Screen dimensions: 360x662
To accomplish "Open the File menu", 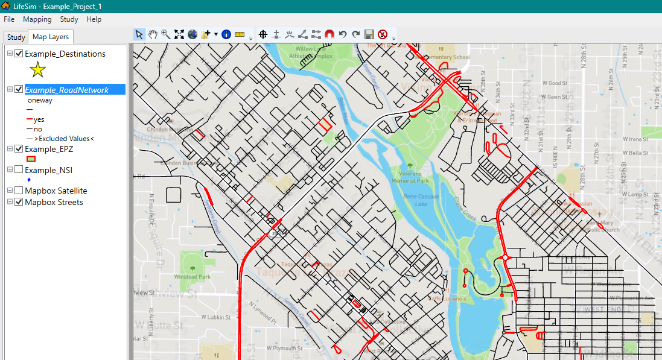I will pyautogui.click(x=9, y=19).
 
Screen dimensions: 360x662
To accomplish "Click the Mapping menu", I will pyautogui.click(x=37, y=19).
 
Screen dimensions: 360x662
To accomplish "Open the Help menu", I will pyautogui.click(x=94, y=19).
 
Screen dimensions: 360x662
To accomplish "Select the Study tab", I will pyautogui.click(x=16, y=37).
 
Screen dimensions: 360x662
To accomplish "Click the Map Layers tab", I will pyautogui.click(x=51, y=37).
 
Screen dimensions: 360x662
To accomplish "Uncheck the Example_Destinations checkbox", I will pyautogui.click(x=19, y=54).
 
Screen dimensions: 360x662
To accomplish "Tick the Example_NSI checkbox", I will pyautogui.click(x=19, y=170).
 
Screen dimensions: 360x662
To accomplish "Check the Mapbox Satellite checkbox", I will pyautogui.click(x=19, y=191).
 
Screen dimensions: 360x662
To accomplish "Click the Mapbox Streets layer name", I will pyautogui.click(x=54, y=202).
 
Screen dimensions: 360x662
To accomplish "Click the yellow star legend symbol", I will pyautogui.click(x=37, y=70).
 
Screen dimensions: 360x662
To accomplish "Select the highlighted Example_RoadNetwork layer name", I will pyautogui.click(x=66, y=90).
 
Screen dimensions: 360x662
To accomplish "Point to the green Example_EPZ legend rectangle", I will pyautogui.click(x=30, y=159).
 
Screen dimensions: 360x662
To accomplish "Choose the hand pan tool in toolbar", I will pyautogui.click(x=153, y=34).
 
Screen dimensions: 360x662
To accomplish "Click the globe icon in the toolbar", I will pyautogui.click(x=193, y=34).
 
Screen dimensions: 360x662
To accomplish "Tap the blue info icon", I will pyautogui.click(x=226, y=34).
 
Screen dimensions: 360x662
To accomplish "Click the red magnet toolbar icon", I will pyautogui.click(x=329, y=34).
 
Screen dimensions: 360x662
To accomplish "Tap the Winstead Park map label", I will pyautogui.click(x=193, y=277).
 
